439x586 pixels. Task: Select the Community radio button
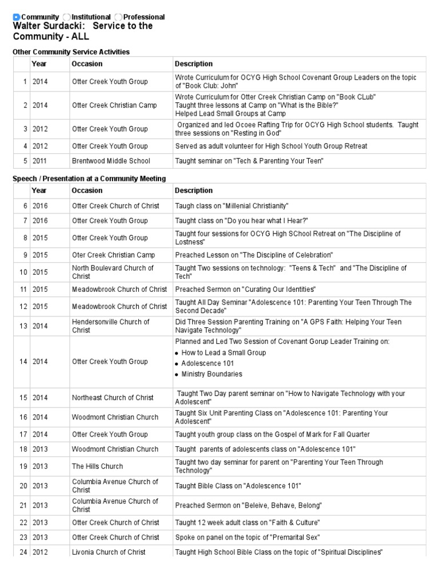point(16,17)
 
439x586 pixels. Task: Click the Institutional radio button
point(67,17)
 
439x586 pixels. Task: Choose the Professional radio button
point(118,17)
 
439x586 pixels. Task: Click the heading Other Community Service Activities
point(71,52)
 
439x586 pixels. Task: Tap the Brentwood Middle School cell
point(111,161)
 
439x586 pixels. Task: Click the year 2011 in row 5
point(40,161)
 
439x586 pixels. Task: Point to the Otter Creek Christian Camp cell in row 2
point(114,105)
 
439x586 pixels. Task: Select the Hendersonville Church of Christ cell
point(110,326)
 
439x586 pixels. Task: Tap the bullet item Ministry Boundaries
point(211,374)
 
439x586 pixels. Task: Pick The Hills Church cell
point(97,466)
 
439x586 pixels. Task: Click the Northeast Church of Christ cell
point(113,398)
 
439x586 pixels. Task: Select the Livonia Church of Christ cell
point(109,552)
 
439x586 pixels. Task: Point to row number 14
point(23,362)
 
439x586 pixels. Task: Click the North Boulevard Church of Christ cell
point(113,272)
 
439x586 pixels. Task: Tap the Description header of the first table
point(194,64)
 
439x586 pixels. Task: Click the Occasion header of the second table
point(87,191)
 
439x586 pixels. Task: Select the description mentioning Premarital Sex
point(248,537)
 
